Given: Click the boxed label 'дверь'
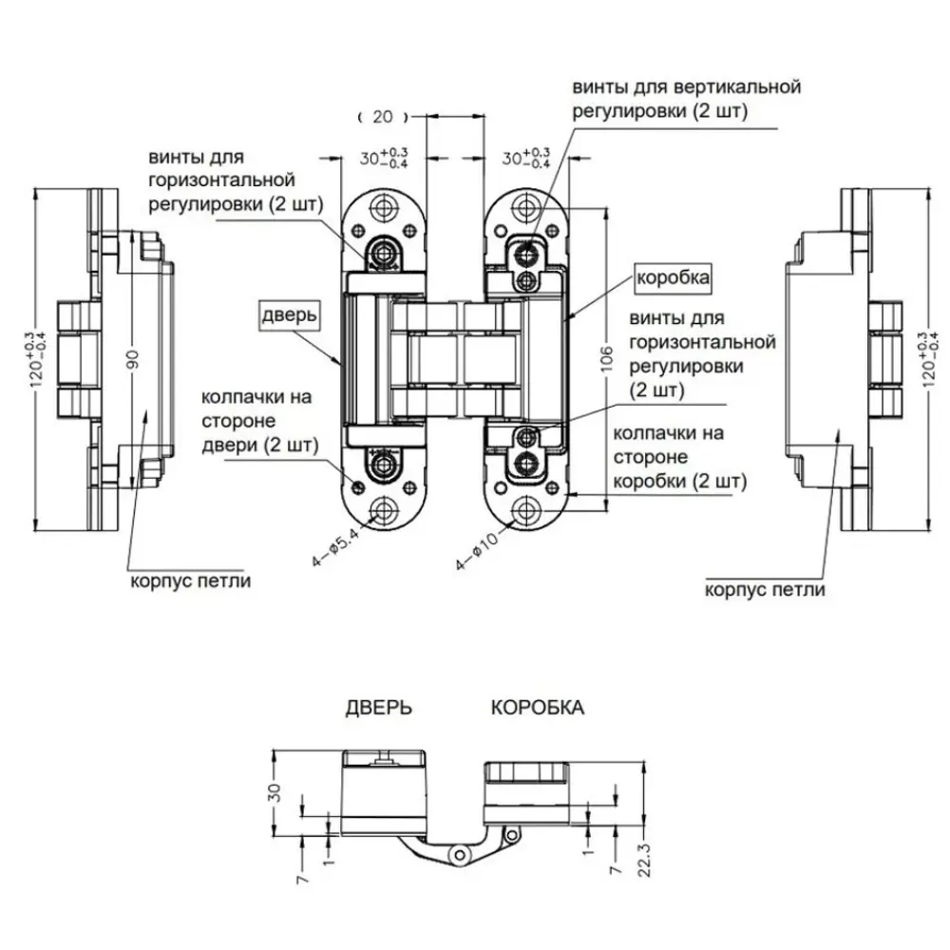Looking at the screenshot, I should click(291, 314).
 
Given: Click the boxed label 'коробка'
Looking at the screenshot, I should click(673, 278).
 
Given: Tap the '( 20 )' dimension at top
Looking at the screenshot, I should click(383, 117).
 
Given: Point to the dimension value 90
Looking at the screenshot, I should click(134, 360).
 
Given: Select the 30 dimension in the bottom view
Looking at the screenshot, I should click(275, 792).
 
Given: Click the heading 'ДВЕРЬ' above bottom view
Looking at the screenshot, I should click(378, 709).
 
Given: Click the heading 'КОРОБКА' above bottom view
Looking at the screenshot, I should click(538, 709).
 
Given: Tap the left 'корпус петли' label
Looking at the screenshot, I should click(191, 581).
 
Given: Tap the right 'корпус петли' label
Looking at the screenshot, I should click(765, 589).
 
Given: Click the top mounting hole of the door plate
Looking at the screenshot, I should click(384, 206).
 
